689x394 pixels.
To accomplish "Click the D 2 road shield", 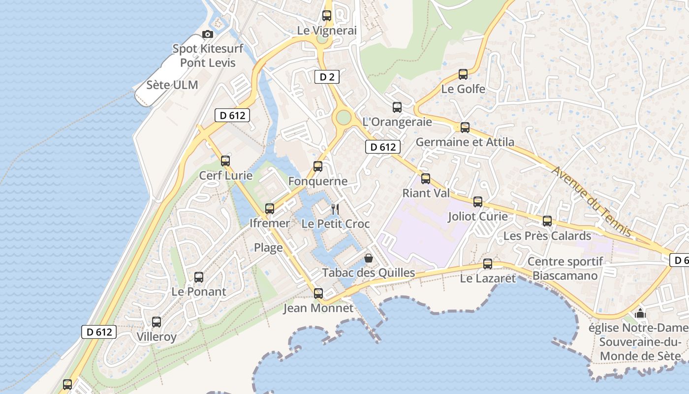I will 327,77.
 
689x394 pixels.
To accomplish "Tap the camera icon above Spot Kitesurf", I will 208,34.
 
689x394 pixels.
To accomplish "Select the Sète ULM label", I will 172,85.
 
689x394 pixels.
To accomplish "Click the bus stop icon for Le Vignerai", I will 327,16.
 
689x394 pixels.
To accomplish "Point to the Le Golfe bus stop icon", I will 463,74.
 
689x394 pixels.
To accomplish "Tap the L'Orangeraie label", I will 397,122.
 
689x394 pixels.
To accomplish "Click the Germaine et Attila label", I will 465,142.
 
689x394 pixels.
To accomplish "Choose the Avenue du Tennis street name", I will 591,201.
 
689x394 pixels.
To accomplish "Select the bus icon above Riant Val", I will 426,179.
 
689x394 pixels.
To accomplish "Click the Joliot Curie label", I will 478,217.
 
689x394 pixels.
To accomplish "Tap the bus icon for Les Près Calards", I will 547,221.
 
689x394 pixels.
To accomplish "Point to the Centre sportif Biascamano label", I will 564,268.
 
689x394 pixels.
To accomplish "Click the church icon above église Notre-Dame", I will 640,313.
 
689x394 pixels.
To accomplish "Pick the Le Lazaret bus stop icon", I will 488,264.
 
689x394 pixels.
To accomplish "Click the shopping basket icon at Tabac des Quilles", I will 368,258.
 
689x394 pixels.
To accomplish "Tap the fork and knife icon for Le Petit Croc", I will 335,209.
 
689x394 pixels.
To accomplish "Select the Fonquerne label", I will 318,181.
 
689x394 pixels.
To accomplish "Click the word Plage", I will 268,247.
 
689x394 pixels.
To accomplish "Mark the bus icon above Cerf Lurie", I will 225,161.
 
